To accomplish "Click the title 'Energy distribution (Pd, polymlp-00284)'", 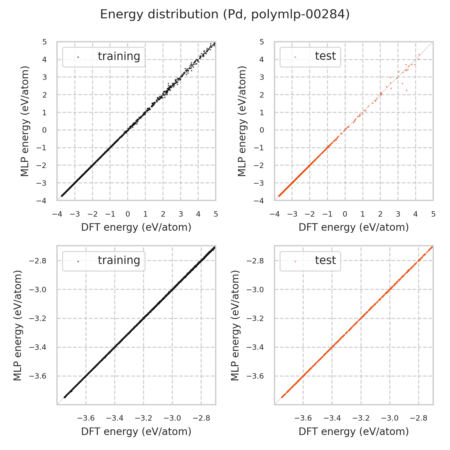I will (x=225, y=14).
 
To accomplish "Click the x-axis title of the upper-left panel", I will (x=136, y=227).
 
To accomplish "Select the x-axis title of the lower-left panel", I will (x=136, y=431).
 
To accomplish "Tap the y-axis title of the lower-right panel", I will (x=235, y=325).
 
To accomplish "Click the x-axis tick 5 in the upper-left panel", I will (x=216, y=214).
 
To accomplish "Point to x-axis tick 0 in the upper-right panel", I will (x=345, y=214).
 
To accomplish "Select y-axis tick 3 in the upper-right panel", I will (x=262, y=77).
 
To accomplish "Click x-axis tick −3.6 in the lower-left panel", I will (x=86, y=418).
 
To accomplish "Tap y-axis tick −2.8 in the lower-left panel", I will (x=38, y=261).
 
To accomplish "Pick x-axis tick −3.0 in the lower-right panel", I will (x=390, y=418).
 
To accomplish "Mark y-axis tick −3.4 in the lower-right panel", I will (x=255, y=347).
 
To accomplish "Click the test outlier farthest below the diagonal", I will (x=406, y=90).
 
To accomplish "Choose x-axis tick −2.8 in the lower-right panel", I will (x=419, y=418).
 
